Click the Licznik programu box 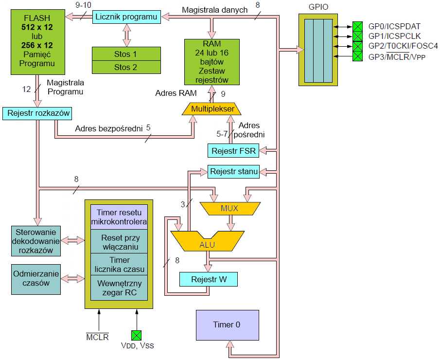pyautogui.click(x=127, y=17)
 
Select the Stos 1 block pyautogui.click(x=126, y=54)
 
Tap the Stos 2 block pyautogui.click(x=126, y=67)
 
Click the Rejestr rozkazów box pyautogui.click(x=37, y=113)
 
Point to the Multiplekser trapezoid pyautogui.click(x=212, y=108)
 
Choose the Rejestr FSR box pyautogui.click(x=233, y=151)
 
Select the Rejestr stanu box pyautogui.click(x=234, y=171)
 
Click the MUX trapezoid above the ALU pyautogui.click(x=229, y=208)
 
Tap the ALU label pyautogui.click(x=207, y=244)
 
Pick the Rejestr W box pyautogui.click(x=208, y=279)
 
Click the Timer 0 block pyautogui.click(x=227, y=324)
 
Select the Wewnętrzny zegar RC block pyautogui.click(x=120, y=288)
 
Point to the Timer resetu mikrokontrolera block pyautogui.click(x=120, y=217)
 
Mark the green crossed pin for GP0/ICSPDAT pyautogui.click(x=357, y=26)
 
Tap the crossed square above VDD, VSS pyautogui.click(x=136, y=335)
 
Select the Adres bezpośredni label pyautogui.click(x=108, y=129)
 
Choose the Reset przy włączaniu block pyautogui.click(x=120, y=242)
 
